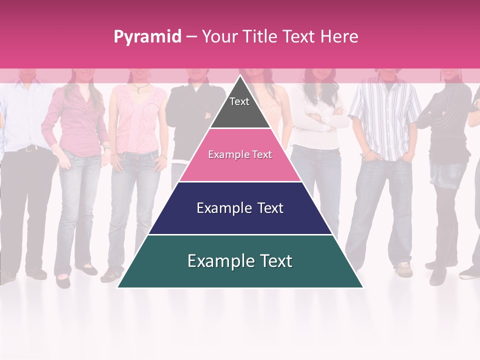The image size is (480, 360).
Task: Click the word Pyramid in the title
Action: [147, 37]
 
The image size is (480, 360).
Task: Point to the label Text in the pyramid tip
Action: [239, 101]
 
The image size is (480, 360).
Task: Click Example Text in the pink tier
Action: [240, 154]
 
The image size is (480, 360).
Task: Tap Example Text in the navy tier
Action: [240, 208]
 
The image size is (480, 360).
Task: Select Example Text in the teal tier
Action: [240, 261]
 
